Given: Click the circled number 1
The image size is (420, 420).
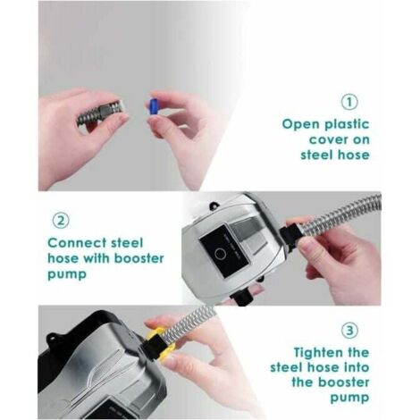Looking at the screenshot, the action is [x=349, y=102].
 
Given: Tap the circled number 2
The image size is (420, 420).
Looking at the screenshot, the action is [x=61, y=221].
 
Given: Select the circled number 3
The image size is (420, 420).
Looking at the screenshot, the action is [x=349, y=331].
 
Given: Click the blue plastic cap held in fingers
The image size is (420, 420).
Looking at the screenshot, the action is [x=153, y=106].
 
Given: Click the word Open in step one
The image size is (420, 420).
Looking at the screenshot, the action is [x=300, y=124].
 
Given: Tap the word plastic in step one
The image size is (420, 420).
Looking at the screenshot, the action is [x=347, y=124].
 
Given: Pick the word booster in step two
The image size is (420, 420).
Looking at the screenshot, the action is [x=139, y=258].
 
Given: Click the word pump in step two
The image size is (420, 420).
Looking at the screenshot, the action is [x=67, y=274].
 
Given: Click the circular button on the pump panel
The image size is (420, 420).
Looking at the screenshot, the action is [x=221, y=254].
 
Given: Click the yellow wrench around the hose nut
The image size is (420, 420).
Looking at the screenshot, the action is [x=159, y=342].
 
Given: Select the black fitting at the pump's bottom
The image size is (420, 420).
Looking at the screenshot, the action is [x=243, y=296].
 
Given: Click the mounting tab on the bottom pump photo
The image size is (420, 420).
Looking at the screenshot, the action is [x=52, y=340].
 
